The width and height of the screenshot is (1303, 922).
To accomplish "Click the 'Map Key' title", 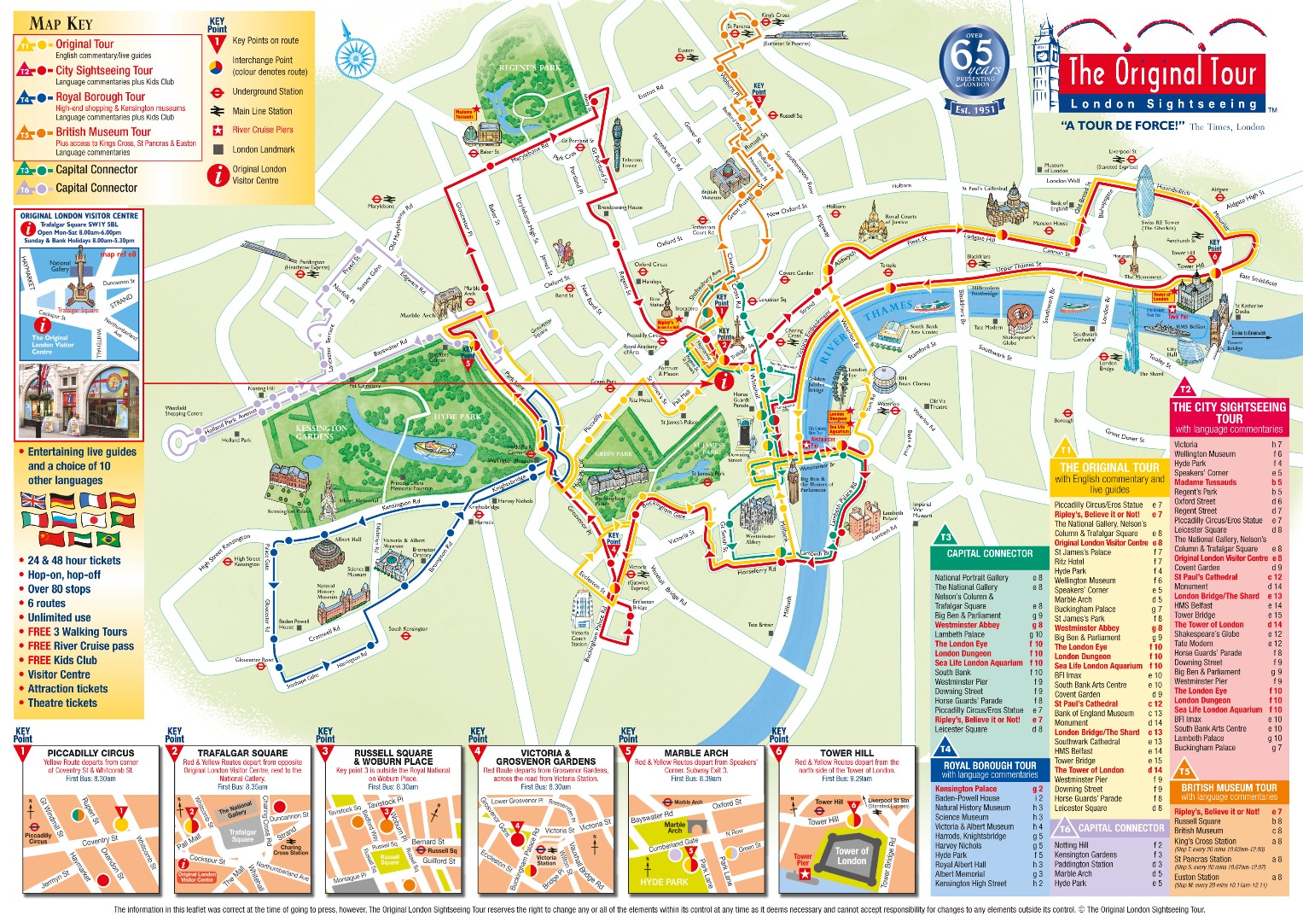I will [x=61, y=23].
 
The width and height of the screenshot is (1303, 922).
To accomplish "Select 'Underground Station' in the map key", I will [x=267, y=91].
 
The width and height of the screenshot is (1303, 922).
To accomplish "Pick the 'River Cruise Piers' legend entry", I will [x=262, y=130].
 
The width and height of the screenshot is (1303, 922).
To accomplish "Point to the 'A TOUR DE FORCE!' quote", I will [x=1124, y=125].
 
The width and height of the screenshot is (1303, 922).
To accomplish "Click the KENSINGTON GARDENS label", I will [x=321, y=431].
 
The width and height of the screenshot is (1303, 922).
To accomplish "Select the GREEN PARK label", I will [x=614, y=454].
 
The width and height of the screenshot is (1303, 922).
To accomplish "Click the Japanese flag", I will [x=94, y=519].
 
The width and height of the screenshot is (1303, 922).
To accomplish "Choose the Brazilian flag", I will [x=108, y=540].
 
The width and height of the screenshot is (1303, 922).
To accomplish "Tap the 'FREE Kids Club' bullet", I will [x=62, y=660].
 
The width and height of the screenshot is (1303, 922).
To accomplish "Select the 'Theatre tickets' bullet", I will [x=62, y=703].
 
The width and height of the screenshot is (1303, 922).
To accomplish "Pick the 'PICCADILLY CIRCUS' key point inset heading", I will [x=90, y=753].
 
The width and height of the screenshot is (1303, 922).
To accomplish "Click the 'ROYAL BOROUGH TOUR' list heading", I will [x=989, y=766].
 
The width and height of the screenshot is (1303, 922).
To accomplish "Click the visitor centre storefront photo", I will [x=79, y=402].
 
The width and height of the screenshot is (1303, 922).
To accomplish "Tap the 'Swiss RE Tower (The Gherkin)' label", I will [x=1159, y=225].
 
